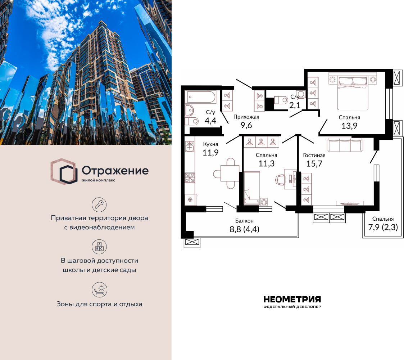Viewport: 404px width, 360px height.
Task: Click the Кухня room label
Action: point(210,144)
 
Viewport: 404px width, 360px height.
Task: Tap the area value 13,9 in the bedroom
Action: point(349,126)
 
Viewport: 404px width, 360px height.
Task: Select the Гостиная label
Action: point(314,155)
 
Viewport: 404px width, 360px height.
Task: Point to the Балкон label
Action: point(244,221)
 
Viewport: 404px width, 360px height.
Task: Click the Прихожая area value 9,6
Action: point(246,125)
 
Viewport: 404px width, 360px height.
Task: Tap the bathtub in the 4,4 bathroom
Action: point(200,97)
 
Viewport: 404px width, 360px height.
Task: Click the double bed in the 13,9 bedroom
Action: point(353,91)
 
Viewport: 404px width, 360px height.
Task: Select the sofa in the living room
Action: point(345,145)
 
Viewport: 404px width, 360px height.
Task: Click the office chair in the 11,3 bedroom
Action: point(281,179)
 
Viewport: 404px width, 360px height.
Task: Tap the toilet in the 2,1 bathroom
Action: point(281,100)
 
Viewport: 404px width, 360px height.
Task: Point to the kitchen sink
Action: point(190,146)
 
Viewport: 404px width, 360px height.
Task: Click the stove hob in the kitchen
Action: point(190,178)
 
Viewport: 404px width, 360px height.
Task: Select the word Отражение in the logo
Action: point(115,170)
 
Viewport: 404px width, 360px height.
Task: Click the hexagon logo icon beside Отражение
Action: point(64,171)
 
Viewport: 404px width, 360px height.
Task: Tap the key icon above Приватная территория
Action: point(99,204)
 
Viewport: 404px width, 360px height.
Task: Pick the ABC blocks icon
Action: point(99,247)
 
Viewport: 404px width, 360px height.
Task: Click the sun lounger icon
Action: point(99,289)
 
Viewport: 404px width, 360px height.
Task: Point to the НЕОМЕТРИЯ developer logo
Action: point(292,302)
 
